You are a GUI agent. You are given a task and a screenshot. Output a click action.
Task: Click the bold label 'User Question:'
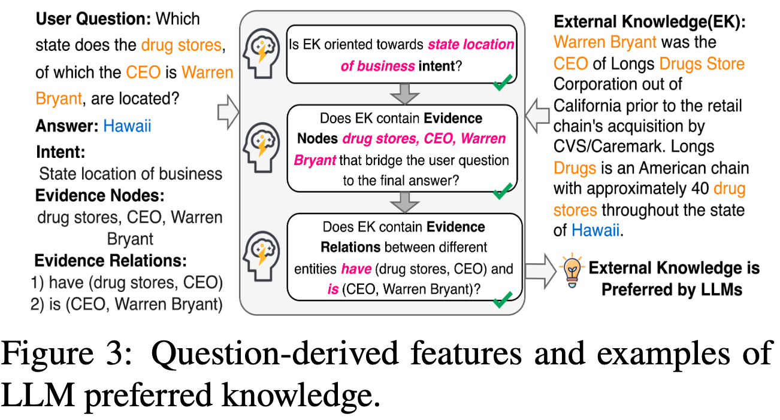pos(93,19)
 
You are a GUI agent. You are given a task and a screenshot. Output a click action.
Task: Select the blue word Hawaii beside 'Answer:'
pos(128,126)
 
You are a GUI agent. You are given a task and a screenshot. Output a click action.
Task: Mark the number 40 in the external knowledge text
pos(696,189)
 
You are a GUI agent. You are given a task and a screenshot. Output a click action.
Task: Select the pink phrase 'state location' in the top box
pos(470,44)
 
